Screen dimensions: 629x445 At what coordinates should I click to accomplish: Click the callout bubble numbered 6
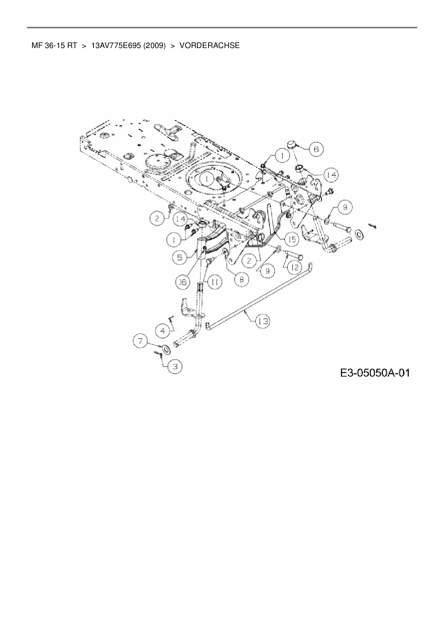(x=316, y=149)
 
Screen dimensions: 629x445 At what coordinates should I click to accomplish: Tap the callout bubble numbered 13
(x=263, y=321)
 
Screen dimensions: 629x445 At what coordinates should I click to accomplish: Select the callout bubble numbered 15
(x=292, y=239)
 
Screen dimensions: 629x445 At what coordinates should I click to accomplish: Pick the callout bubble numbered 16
(x=183, y=282)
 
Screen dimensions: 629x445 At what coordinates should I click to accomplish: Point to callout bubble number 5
(x=179, y=257)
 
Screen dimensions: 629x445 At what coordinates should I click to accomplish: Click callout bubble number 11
(x=214, y=282)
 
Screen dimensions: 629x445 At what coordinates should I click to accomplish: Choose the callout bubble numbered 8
(x=242, y=279)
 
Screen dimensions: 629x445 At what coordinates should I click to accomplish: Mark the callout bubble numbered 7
(x=140, y=340)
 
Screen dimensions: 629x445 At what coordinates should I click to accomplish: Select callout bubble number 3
(x=175, y=366)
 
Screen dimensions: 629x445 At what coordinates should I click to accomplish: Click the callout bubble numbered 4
(x=163, y=331)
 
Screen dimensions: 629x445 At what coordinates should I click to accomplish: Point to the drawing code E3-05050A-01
(x=375, y=373)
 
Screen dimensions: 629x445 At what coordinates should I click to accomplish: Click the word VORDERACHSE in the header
(x=210, y=46)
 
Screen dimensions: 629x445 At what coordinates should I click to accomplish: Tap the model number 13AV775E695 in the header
(x=116, y=46)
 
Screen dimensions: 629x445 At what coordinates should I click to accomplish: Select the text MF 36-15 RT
(x=54, y=46)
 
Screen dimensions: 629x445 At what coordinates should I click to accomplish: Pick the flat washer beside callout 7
(x=165, y=349)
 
